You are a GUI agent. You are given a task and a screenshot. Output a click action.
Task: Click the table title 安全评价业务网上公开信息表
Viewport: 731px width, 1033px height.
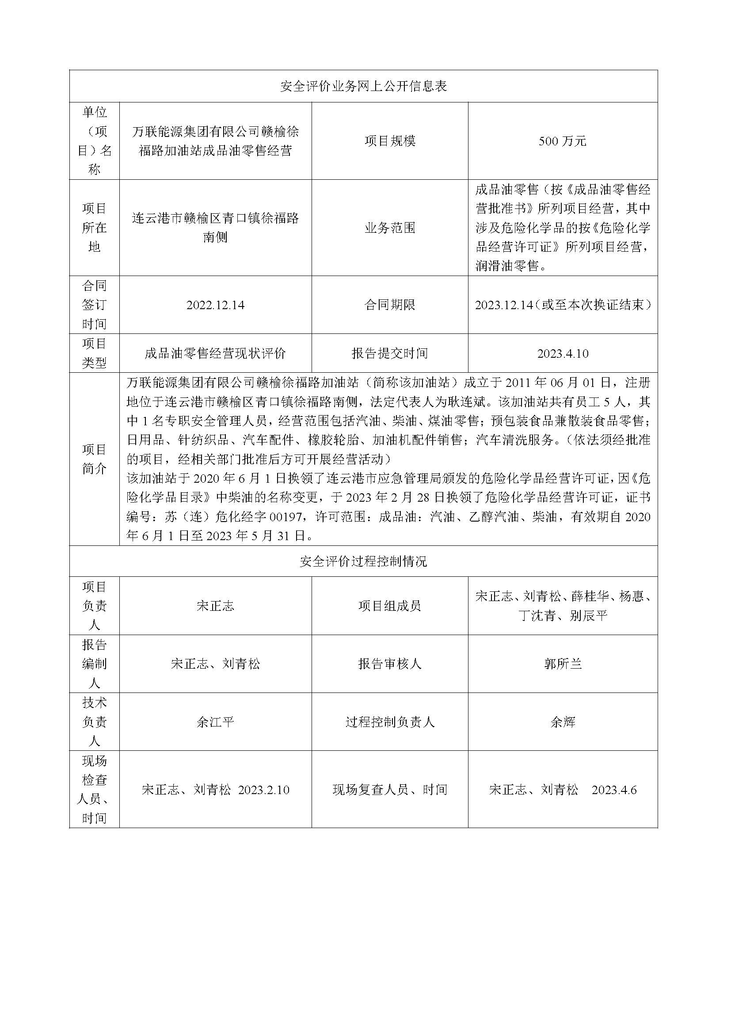tap(363, 87)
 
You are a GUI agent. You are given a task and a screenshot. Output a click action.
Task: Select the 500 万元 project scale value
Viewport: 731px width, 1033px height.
tap(562, 141)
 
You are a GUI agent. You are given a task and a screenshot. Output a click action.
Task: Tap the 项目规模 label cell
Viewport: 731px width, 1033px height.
tap(390, 141)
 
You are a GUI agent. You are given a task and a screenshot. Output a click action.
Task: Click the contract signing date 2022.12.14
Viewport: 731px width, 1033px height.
tap(215, 305)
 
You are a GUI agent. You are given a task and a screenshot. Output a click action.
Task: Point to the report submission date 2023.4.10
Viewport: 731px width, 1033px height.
tap(563, 354)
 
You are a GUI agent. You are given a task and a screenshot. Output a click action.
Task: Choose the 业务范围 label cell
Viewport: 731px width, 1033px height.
tap(390, 228)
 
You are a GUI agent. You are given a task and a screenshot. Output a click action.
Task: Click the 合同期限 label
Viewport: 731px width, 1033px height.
tap(390, 305)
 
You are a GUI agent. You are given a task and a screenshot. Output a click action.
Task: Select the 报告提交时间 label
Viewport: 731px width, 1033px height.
tap(390, 354)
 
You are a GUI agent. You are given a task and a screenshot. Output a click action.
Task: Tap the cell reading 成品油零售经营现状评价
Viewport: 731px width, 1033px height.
tap(215, 354)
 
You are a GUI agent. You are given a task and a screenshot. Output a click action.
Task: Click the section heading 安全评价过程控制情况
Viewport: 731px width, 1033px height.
tap(363, 561)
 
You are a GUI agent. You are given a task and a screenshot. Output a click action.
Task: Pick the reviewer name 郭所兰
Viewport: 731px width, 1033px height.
tap(563, 664)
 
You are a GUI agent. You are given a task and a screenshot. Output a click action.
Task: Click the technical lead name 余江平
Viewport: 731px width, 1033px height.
tap(215, 722)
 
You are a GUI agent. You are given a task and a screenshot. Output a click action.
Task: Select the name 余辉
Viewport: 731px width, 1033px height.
tap(563, 722)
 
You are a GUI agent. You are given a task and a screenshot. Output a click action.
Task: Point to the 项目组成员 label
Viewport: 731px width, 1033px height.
tap(390, 606)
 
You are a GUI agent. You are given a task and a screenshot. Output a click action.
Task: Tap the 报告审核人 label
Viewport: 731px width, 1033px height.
tap(390, 664)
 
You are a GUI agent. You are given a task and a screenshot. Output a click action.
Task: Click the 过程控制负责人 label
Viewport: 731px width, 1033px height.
tap(390, 722)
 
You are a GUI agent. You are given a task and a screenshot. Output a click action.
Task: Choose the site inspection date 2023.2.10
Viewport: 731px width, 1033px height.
tap(263, 790)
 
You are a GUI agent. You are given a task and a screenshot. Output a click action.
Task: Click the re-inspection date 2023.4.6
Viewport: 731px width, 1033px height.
tap(614, 790)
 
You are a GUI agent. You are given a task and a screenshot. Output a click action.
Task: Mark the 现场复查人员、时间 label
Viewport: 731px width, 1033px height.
tap(390, 790)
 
